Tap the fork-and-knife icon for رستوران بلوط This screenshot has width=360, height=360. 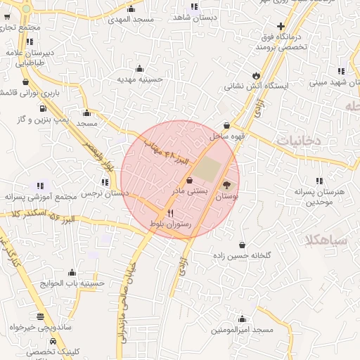tap(170, 213)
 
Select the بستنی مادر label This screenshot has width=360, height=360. tap(188, 191)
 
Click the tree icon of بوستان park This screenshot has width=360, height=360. tap(226, 186)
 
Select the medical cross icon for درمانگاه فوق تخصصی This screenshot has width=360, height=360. tap(281, 26)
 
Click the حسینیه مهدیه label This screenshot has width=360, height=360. tap(140, 79)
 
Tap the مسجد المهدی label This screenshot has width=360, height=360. tap(131, 20)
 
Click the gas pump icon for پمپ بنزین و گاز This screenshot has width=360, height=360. tap(44, 109)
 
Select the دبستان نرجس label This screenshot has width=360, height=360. tap(105, 193)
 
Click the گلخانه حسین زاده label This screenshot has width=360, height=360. tap(243, 257)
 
